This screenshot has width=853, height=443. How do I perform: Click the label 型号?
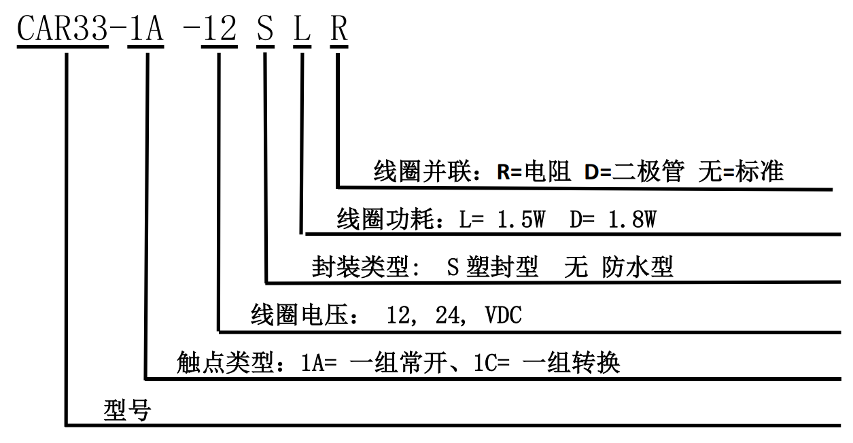point(127,410)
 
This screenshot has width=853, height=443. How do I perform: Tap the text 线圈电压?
point(298,315)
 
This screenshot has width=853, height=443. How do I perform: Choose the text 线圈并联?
point(421,171)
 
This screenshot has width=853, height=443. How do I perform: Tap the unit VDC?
point(504,315)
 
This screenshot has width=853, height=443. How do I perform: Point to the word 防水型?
point(638,267)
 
